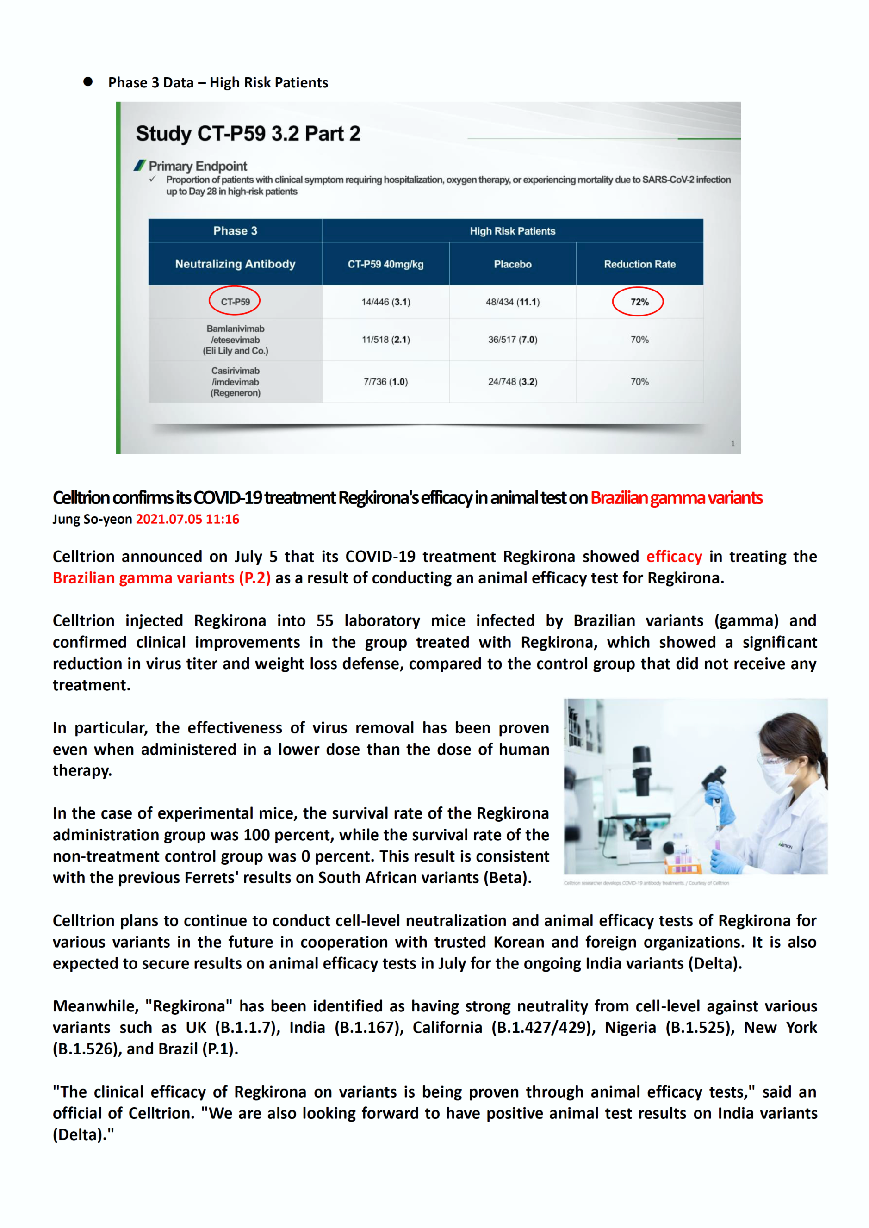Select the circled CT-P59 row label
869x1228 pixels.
pos(235,302)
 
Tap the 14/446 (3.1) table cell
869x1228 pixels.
pos(385,302)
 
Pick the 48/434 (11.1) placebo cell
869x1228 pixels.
pos(512,302)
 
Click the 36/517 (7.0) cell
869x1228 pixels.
pos(512,340)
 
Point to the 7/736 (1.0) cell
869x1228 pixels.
pos(385,382)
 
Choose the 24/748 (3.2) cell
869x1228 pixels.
pos(512,382)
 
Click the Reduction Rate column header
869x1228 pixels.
pos(639,264)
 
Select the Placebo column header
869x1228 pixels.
pos(512,264)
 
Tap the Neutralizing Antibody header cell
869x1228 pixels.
pos(235,264)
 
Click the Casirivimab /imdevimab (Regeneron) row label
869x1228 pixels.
pos(235,382)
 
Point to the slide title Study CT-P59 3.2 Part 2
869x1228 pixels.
pos(248,133)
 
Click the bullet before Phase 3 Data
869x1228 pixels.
pos(88,82)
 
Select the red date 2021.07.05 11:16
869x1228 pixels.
pos(187,519)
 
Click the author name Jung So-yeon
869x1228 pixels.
pos(92,519)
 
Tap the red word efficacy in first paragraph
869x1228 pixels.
pos(674,557)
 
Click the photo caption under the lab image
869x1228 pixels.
pos(646,883)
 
